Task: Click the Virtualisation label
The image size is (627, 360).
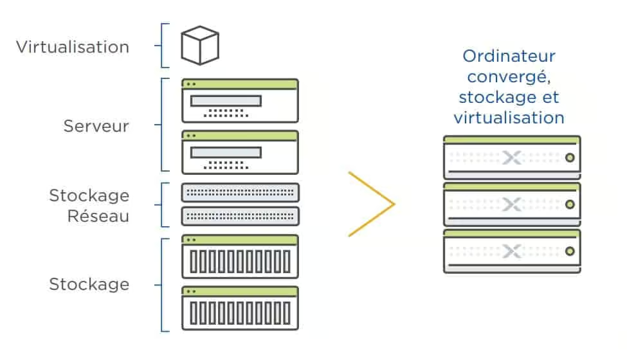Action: (73, 47)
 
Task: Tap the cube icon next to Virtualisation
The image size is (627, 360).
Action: (200, 45)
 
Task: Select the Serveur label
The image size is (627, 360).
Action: (96, 126)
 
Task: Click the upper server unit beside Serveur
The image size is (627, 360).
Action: (240, 101)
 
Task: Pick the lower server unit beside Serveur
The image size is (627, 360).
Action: (240, 152)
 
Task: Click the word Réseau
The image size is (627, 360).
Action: (99, 216)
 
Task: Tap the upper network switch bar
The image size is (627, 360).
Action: (240, 193)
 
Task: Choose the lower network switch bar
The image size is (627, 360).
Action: (240, 216)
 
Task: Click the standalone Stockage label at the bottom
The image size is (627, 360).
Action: (89, 284)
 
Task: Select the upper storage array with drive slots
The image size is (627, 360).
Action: (240, 257)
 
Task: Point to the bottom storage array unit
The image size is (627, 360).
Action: (240, 309)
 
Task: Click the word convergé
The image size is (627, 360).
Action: (507, 76)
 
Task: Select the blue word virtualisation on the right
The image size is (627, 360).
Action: (509, 118)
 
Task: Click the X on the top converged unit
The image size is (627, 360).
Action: (511, 158)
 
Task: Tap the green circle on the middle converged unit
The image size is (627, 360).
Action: (569, 205)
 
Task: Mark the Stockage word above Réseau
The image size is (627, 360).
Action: (89, 195)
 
